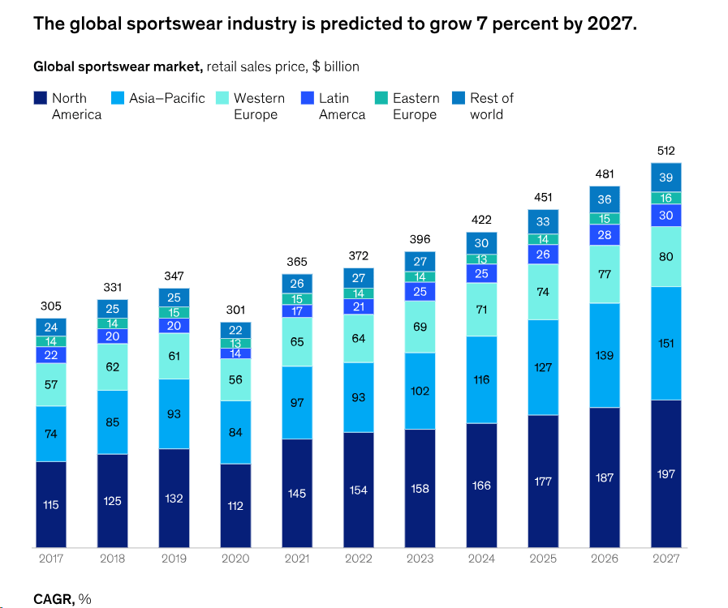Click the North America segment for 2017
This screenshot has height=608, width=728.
coord(51,504)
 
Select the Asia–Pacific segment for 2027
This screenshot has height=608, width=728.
coord(666,343)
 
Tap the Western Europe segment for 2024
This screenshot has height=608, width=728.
coord(481,309)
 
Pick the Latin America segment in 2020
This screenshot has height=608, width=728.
coord(235,353)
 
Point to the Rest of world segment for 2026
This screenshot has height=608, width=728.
coord(605,199)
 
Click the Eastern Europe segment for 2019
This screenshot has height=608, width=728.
coord(174,312)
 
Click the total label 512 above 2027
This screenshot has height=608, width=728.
coord(666,151)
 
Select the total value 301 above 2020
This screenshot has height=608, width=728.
coord(235,310)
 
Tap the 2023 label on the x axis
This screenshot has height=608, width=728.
coord(420,559)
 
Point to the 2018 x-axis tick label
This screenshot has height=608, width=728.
coord(112,559)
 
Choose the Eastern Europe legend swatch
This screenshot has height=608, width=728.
coord(381,98)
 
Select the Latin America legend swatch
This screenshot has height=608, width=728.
coord(306,98)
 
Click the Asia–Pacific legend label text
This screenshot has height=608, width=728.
coord(166,98)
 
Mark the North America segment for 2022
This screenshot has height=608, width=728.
coord(358,490)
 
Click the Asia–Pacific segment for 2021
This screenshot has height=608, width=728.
coord(297,403)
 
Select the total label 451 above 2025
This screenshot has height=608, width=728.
coord(543,197)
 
